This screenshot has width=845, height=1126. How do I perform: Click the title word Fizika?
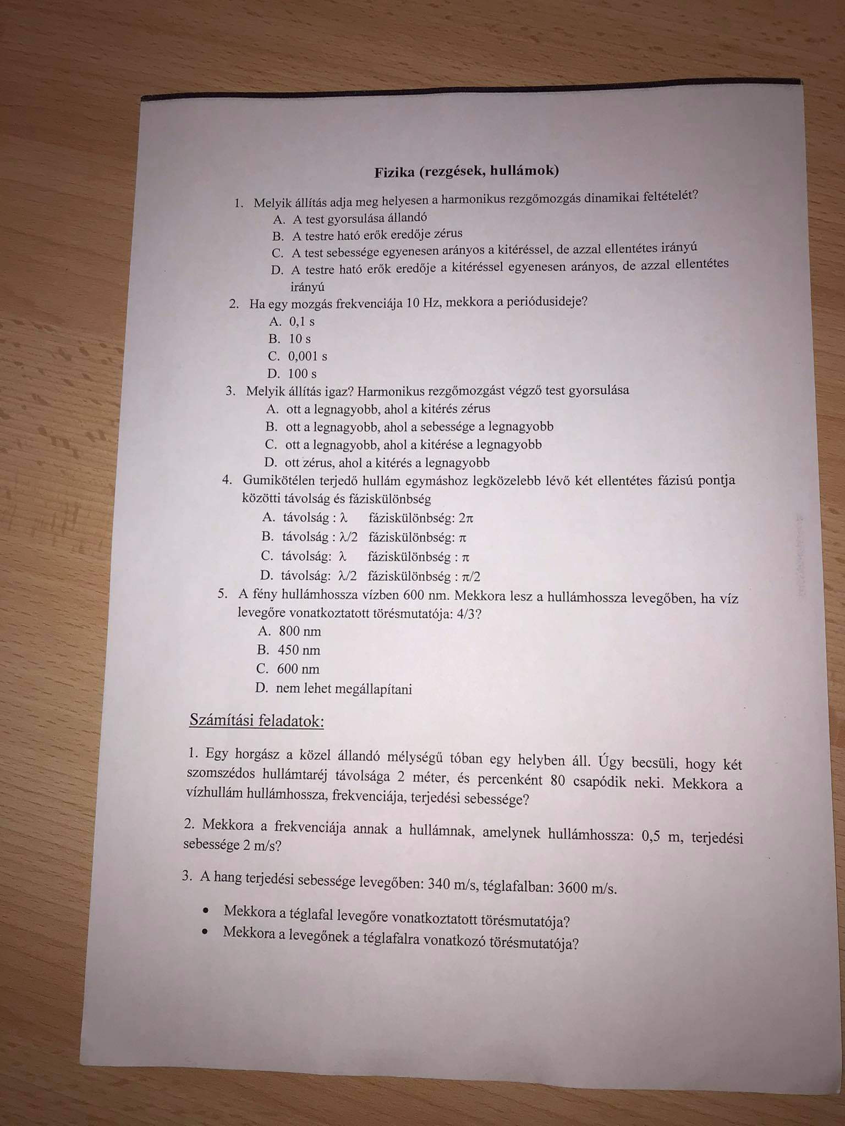[x=394, y=173]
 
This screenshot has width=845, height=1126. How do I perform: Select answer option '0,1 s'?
[x=301, y=322]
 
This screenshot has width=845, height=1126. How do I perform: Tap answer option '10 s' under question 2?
[x=300, y=339]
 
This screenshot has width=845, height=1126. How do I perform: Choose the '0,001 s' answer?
[x=307, y=356]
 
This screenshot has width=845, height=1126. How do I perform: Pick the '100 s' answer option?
[x=302, y=374]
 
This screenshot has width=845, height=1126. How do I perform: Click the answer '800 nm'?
[x=299, y=631]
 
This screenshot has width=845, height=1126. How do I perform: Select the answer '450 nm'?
[x=299, y=650]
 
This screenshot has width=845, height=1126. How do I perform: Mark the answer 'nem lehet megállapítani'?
[x=344, y=689]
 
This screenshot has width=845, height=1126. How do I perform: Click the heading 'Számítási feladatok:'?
[x=256, y=721]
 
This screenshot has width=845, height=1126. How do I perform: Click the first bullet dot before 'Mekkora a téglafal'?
[x=206, y=911]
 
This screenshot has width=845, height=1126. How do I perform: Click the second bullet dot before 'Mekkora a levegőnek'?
[x=206, y=932]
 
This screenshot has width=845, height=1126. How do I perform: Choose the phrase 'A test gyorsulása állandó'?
[x=359, y=218]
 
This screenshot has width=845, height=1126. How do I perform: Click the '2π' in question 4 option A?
[x=465, y=518]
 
